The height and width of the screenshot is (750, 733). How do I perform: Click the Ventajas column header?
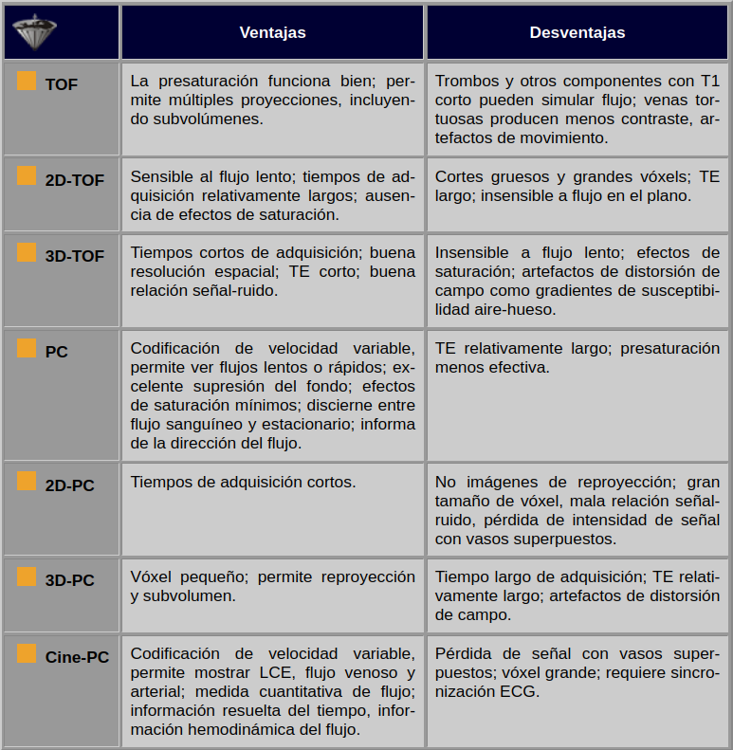coord(272,32)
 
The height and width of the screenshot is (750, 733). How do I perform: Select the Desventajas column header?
coord(577,32)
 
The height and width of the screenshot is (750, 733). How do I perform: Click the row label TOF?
coord(62,84)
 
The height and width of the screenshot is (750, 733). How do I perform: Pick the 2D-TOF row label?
coord(75,180)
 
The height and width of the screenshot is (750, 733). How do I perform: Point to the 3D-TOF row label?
coord(75,256)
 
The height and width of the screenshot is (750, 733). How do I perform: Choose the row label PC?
coord(57,352)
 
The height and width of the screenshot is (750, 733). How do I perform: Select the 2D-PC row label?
coord(70,485)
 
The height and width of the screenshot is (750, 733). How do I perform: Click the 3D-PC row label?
coord(70,580)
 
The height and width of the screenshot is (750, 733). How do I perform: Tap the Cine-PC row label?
coord(77,657)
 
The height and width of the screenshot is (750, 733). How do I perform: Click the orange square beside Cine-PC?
coord(27,653)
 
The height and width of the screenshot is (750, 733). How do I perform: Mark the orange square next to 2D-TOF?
coord(27,176)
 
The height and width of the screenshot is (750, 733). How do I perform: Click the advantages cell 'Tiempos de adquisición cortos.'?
coord(243,482)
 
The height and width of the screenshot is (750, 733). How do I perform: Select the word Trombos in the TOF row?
coord(466,81)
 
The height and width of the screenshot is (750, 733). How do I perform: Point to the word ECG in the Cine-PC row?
coord(521,691)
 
